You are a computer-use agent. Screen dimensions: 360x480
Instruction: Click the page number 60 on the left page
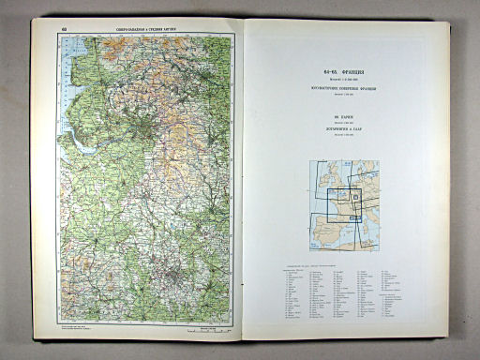[x=64, y=29]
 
